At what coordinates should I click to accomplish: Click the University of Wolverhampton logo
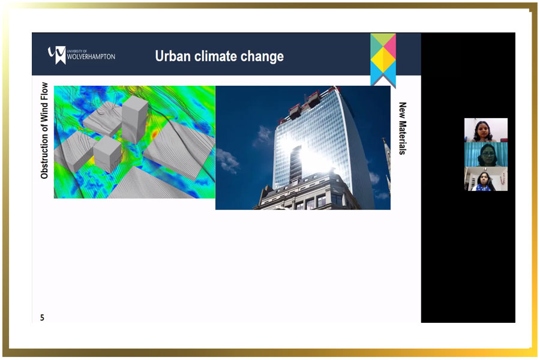pyautogui.click(x=82, y=55)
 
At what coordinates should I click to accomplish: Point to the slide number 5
pyautogui.click(x=42, y=317)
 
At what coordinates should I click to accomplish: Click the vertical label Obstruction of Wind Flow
pyautogui.click(x=44, y=131)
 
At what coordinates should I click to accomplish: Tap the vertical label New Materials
pyautogui.click(x=402, y=128)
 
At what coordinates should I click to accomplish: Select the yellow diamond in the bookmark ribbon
pyautogui.click(x=383, y=59)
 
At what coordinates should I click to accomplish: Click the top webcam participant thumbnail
pyautogui.click(x=485, y=130)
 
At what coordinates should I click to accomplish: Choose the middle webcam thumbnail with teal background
pyautogui.click(x=485, y=154)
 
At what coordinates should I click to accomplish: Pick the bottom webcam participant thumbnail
pyautogui.click(x=485, y=179)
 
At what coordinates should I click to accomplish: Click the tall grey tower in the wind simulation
pyautogui.click(x=134, y=119)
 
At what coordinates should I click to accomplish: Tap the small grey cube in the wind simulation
pyautogui.click(x=107, y=155)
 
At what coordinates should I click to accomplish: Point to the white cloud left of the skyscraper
pyautogui.click(x=227, y=160)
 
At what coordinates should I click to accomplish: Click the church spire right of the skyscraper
pyautogui.click(x=386, y=162)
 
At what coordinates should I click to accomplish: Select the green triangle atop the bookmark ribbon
pyautogui.click(x=383, y=38)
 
